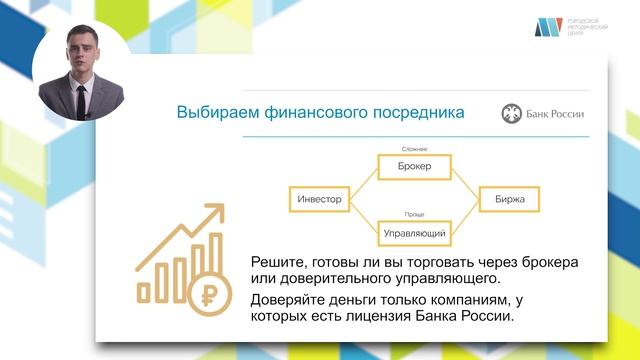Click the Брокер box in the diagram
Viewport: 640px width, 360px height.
tap(413, 166)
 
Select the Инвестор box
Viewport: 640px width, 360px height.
tap(320, 199)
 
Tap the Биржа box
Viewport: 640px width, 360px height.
tap(509, 199)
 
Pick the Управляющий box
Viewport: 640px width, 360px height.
tap(413, 232)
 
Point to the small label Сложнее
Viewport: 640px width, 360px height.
tap(413, 148)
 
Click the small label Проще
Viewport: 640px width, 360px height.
tap(413, 214)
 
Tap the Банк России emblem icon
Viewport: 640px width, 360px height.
tap(511, 114)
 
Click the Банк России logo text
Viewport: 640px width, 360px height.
tap(558, 114)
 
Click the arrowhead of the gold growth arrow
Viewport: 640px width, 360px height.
tap(214, 213)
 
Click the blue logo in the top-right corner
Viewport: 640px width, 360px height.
tap(548, 28)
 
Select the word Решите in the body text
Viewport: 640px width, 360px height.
tap(279, 262)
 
